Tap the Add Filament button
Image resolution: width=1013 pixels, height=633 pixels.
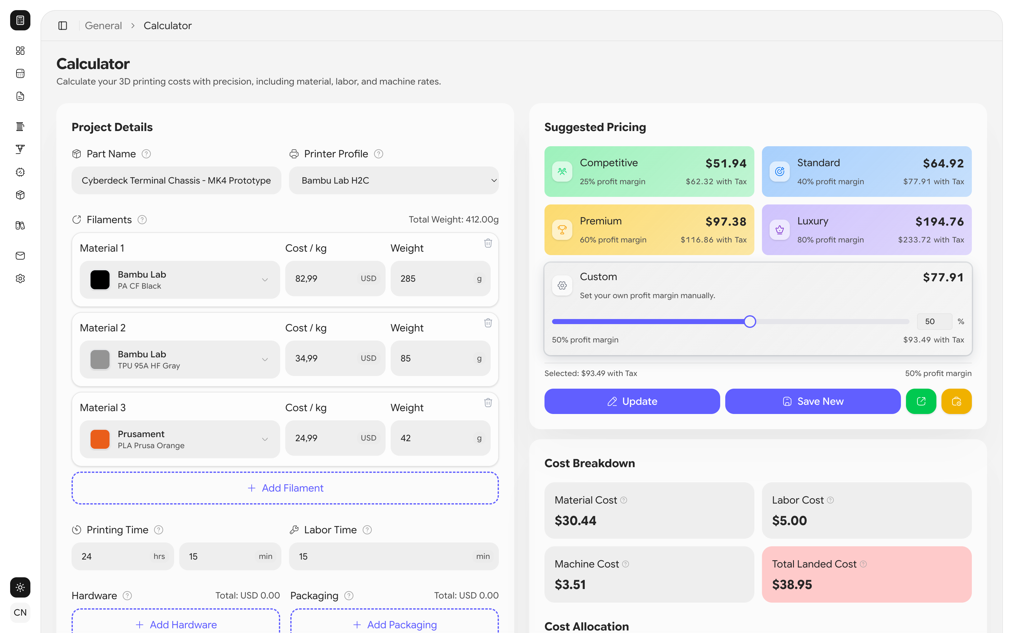coord(285,488)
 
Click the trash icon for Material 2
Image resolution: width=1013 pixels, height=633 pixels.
coord(488,323)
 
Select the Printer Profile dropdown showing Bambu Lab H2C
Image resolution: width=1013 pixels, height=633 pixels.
coord(393,180)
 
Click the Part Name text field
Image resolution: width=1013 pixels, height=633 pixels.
coord(176,180)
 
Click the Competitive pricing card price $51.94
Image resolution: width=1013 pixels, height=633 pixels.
coord(726,163)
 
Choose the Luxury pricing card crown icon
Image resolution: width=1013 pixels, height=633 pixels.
coord(779,229)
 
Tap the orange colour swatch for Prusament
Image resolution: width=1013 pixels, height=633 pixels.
coord(100,439)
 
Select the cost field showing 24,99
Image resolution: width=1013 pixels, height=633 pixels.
coord(326,438)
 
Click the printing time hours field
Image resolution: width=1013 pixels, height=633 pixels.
coord(117,556)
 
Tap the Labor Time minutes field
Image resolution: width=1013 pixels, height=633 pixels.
coord(385,556)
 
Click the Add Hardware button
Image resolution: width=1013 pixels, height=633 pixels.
coord(176,624)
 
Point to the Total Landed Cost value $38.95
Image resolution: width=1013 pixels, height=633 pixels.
coord(791,585)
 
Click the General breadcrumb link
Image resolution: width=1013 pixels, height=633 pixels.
coord(103,26)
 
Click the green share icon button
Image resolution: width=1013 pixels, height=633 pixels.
coord(921,401)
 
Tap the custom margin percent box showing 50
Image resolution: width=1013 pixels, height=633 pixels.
coord(934,322)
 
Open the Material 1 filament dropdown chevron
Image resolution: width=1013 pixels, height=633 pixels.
coord(265,280)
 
